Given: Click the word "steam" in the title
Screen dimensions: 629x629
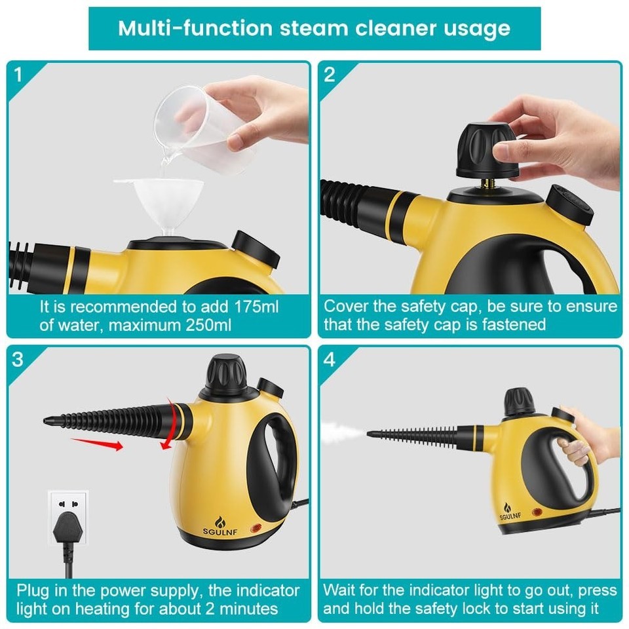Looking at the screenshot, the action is click(314, 28).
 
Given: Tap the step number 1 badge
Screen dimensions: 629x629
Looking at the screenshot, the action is click(18, 74).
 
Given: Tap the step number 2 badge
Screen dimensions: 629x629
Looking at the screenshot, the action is click(330, 75).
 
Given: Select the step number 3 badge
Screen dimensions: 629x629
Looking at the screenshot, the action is click(18, 359).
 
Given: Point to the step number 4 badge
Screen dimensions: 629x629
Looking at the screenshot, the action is click(330, 359).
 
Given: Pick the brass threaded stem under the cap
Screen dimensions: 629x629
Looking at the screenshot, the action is click(487, 183).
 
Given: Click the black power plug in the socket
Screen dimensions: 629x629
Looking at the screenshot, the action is click(67, 529).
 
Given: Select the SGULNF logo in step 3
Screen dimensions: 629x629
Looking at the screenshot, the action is click(220, 527).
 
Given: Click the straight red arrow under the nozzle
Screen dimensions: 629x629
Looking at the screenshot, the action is click(97, 444).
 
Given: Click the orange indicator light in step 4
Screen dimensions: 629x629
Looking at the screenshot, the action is click(537, 512).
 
